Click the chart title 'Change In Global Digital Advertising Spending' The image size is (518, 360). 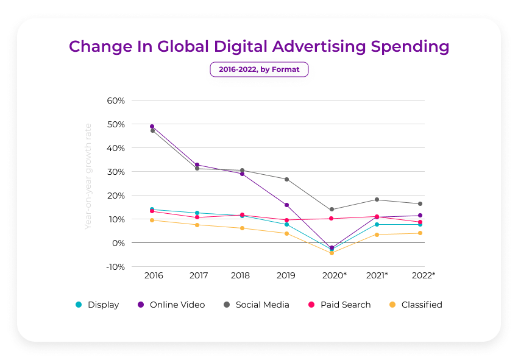click(259, 47)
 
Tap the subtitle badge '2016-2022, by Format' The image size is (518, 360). click(259, 69)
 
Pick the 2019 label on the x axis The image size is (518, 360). click(285, 276)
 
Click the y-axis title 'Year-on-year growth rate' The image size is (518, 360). click(88, 177)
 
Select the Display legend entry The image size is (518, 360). click(98, 305)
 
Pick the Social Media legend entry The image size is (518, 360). click(256, 305)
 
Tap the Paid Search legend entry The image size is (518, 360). click(339, 305)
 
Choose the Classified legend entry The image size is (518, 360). click(416, 305)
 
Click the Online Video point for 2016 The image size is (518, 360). click(152, 126)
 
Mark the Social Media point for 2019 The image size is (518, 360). click(286, 179)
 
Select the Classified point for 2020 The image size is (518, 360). click(332, 253)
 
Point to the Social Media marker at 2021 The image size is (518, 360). click(377, 200)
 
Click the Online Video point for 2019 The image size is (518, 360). click(286, 205)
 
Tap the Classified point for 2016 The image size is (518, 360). click(152, 220)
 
